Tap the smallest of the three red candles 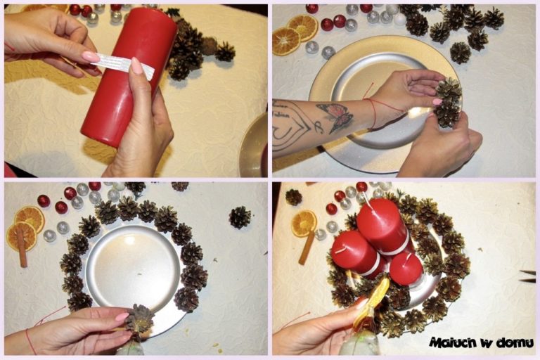point(406,269)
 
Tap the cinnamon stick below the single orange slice point(307,247)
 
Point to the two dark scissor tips point(527,276)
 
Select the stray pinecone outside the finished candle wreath point(293,198)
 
